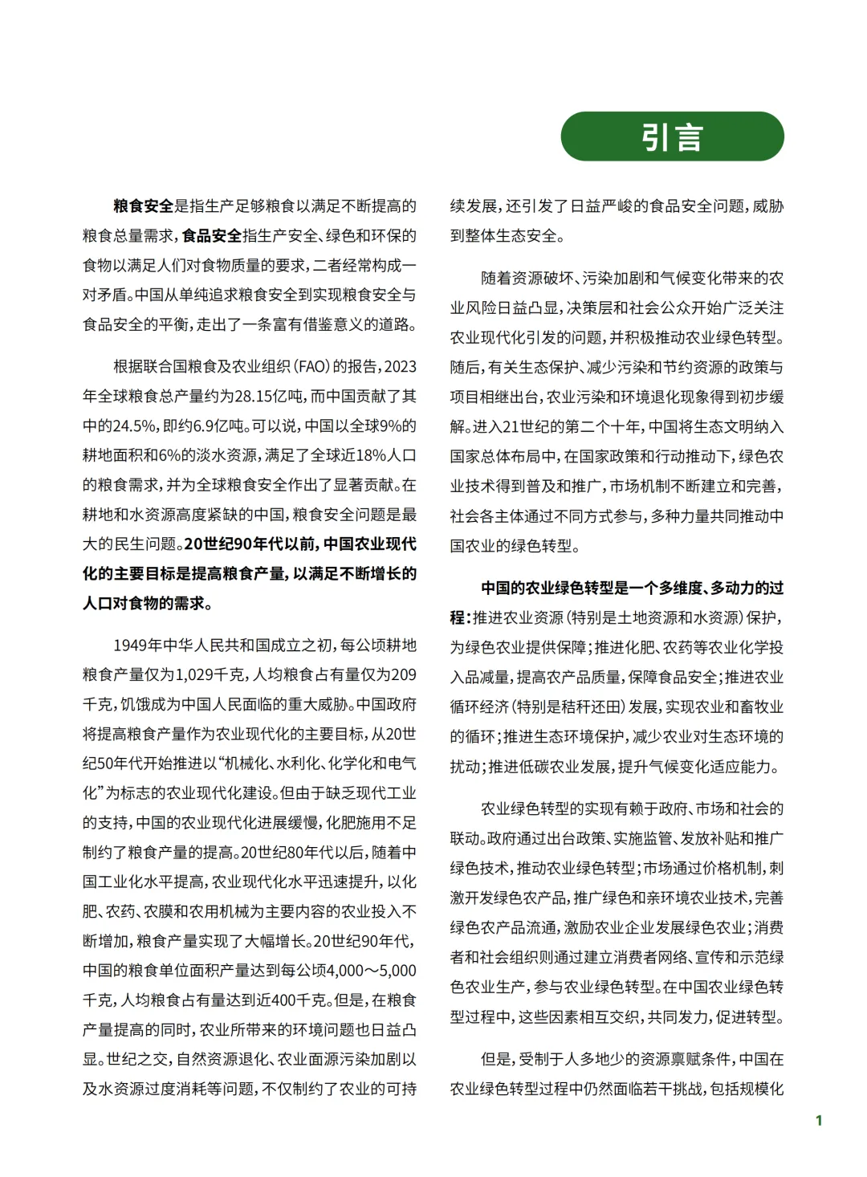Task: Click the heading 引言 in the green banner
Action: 672,137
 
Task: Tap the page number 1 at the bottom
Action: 818,1121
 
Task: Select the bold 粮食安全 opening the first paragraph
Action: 143,206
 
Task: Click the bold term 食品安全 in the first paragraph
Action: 212,236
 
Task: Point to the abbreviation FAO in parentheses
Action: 312,367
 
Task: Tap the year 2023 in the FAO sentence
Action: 401,367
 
